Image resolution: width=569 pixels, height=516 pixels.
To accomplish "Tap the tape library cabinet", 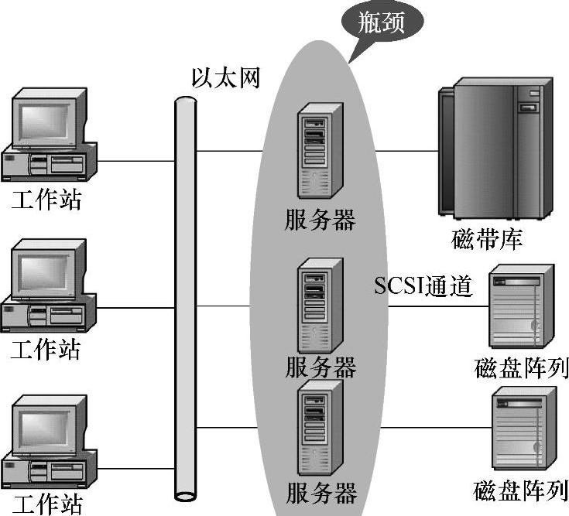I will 493,146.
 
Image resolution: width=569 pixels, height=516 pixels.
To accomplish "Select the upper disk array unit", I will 522,306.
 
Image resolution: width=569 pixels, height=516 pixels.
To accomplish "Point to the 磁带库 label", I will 488,239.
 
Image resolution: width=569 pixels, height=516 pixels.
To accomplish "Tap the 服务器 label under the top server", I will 320,220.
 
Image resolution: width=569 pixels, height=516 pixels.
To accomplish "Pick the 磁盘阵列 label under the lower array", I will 521,490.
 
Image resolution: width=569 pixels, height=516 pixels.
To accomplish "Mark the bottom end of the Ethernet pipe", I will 186,495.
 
